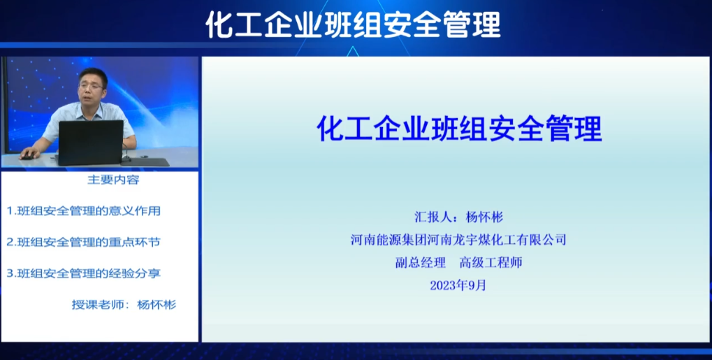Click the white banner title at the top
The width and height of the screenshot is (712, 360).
354,24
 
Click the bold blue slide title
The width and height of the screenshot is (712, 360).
459,128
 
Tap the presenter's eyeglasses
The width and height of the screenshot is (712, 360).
92,86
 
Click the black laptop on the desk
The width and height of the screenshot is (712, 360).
91,143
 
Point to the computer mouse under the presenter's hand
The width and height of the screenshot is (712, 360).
27,157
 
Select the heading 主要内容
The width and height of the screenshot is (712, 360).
113,180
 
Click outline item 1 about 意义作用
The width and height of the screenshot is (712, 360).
84,211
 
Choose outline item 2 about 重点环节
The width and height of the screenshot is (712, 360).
84,243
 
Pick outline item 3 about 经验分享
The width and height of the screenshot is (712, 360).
84,273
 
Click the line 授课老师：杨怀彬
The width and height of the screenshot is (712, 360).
124,305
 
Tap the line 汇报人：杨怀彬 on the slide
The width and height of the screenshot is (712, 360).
458,217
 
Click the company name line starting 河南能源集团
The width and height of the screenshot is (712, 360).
458,240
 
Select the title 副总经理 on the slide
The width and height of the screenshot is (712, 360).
421,262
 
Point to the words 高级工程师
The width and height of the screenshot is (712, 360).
491,262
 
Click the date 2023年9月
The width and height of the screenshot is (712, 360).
458,285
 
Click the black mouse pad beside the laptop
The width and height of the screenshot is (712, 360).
145,162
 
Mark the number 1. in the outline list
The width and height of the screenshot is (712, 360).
11,211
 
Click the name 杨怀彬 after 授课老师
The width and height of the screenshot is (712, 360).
157,305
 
